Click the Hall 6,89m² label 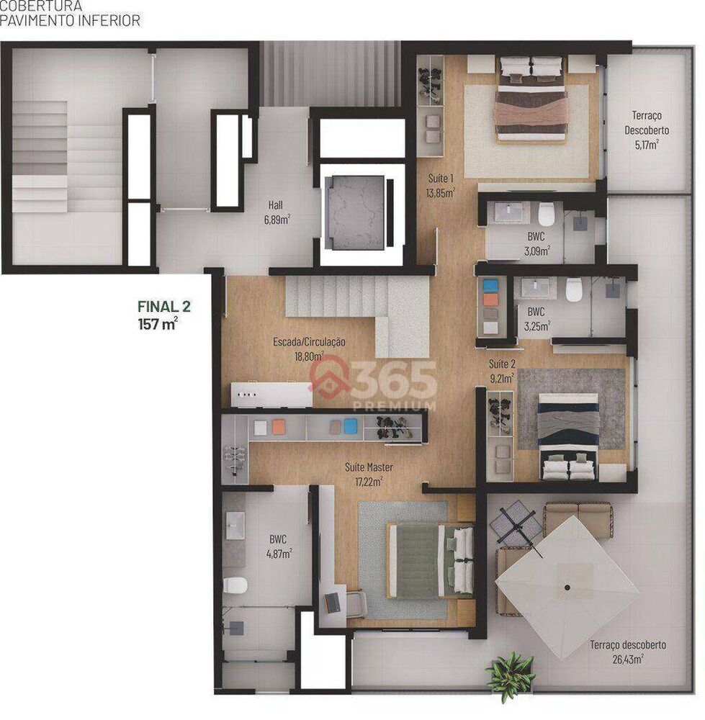[277, 210]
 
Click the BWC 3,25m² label [536, 319]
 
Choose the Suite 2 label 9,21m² [501, 370]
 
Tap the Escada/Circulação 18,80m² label [309, 348]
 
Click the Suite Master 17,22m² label [369, 474]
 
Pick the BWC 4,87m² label [279, 546]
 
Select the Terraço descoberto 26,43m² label [616, 651]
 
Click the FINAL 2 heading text [164, 306]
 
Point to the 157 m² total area [158, 324]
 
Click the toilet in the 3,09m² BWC [547, 214]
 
